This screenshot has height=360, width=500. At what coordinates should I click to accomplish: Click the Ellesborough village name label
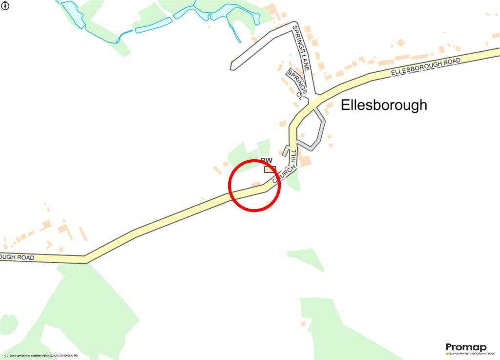[383, 105]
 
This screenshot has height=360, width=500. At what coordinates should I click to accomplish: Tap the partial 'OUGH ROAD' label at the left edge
[17, 257]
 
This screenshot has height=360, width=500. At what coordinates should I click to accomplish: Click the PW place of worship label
[267, 160]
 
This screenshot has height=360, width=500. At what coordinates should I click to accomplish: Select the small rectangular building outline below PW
[270, 169]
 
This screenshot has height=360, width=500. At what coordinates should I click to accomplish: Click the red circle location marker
[254, 186]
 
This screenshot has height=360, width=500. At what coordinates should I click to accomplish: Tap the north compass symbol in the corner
[5, 6]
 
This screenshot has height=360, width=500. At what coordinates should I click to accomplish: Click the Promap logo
[466, 347]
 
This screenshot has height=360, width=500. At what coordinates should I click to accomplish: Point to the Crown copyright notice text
[41, 356]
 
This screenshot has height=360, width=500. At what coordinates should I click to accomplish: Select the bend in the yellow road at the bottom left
[85, 259]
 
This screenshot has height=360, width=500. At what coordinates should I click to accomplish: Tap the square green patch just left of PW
[264, 147]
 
